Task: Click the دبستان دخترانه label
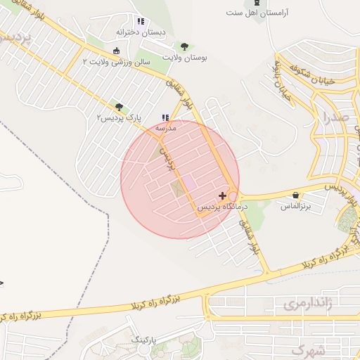pyautogui.click(x=141, y=32)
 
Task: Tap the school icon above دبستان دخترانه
pyautogui.click(x=141, y=21)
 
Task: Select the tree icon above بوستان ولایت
pyautogui.click(x=184, y=46)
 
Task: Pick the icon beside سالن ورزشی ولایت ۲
pyautogui.click(x=116, y=51)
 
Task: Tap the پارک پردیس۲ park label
pyautogui.click(x=120, y=117)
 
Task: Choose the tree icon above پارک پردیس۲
pyautogui.click(x=120, y=106)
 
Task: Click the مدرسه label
pyautogui.click(x=165, y=129)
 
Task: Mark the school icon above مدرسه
pyautogui.click(x=165, y=117)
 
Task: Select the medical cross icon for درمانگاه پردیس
pyautogui.click(x=223, y=195)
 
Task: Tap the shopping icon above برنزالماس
pyautogui.click(x=295, y=195)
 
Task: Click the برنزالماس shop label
pyautogui.click(x=296, y=206)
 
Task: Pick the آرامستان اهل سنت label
pyautogui.click(x=255, y=13)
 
